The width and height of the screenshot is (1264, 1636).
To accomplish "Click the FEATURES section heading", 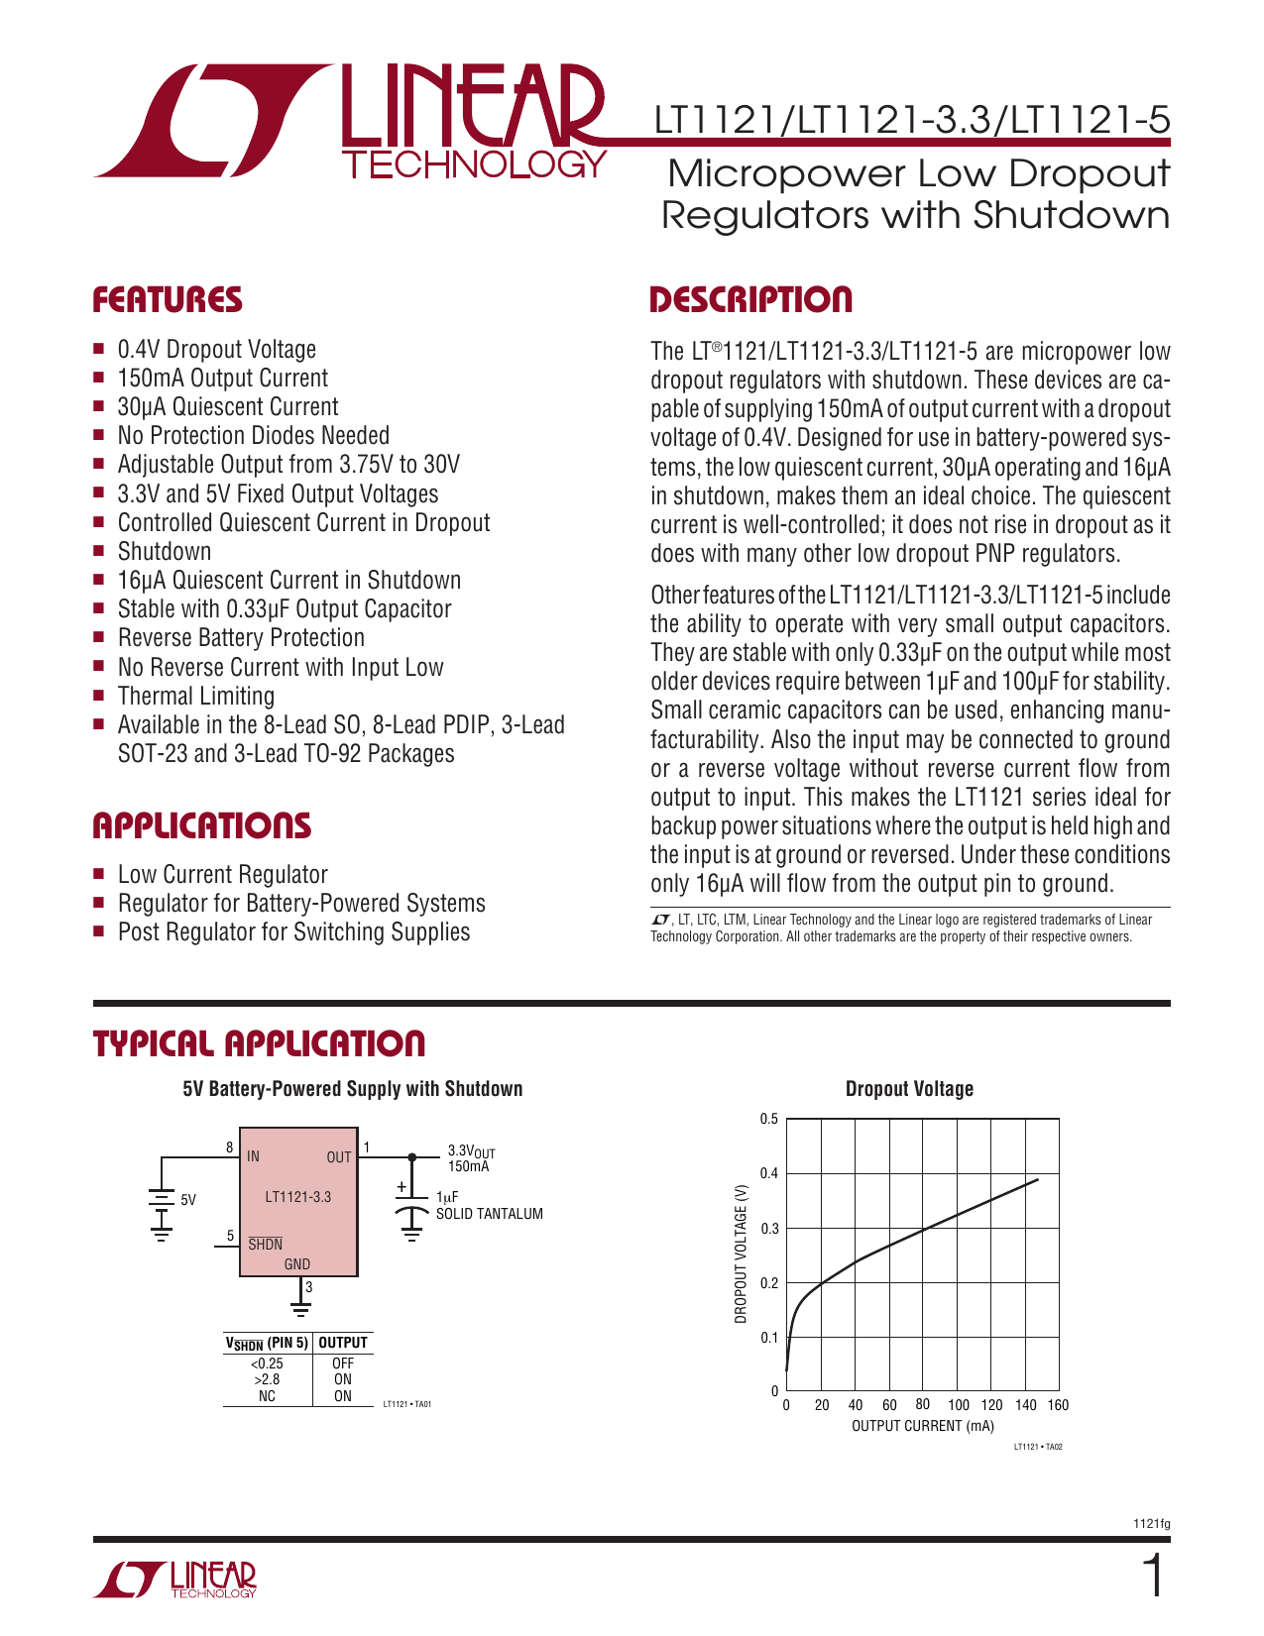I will [x=168, y=300].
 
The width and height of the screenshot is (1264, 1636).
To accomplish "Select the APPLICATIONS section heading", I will [x=202, y=825].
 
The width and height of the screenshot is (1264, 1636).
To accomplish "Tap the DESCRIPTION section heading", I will [x=750, y=300].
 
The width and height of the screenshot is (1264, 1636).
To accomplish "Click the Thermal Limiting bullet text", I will [x=196, y=696].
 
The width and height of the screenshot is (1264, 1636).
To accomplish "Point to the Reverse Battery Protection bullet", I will [x=241, y=638].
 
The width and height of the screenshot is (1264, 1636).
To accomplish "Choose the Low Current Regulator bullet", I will [x=222, y=874].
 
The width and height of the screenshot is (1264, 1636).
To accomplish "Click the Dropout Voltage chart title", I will [x=909, y=1089].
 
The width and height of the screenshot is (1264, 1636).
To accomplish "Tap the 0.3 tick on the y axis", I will [x=769, y=1229].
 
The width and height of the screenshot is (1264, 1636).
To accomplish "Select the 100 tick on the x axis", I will [x=959, y=1405].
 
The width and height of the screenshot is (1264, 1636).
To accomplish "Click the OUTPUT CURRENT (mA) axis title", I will [x=922, y=1426].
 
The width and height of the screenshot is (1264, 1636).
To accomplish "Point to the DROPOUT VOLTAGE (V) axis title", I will [x=741, y=1254].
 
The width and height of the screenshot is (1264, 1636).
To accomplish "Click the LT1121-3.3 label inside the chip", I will [x=298, y=1197].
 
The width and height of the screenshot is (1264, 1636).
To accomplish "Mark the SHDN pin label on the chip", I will [x=266, y=1245].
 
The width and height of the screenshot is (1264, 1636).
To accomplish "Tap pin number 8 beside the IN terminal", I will [x=230, y=1147].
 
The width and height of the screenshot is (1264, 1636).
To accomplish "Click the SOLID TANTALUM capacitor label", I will [x=490, y=1214].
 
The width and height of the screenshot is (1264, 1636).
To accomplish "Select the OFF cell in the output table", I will [x=343, y=1363].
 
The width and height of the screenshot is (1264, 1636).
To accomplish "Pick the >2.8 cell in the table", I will [x=267, y=1379].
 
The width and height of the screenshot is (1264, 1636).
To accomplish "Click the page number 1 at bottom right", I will [x=1152, y=1579].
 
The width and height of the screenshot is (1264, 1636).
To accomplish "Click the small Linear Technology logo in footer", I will [x=175, y=1580].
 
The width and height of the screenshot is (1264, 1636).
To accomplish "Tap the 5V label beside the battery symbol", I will [x=188, y=1200].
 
